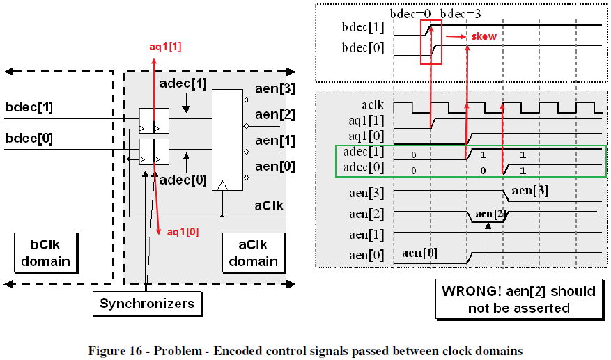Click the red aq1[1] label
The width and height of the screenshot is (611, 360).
[166, 47]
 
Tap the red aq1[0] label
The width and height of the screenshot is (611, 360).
[183, 232]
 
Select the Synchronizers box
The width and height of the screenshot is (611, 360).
[147, 303]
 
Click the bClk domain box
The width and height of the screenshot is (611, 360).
[45, 253]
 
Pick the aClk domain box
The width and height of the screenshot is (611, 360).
[254, 253]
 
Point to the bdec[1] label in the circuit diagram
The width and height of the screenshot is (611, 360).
[29, 107]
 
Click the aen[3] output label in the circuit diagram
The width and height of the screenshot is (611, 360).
[275, 89]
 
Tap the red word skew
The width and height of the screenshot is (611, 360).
[484, 36]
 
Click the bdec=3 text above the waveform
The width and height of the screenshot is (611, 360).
[461, 14]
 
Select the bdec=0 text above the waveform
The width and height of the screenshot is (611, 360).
[411, 14]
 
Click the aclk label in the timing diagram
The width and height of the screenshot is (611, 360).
[373, 105]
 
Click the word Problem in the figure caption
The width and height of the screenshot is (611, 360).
[178, 351]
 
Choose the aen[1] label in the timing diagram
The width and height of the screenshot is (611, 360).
[366, 235]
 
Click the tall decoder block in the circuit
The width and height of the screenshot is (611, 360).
[227, 140]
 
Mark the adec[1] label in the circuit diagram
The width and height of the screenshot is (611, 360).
[183, 84]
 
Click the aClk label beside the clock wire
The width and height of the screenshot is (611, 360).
[269, 205]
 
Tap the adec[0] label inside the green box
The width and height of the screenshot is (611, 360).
[364, 168]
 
